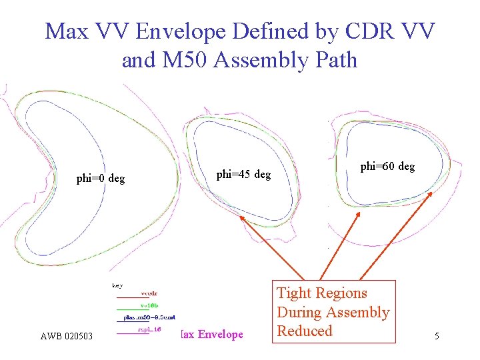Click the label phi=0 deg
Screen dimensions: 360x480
pos(101,179)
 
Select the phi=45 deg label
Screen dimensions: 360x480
pos(243,175)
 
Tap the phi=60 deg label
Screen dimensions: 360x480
pos(387,167)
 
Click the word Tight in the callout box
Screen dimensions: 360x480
pos(294,293)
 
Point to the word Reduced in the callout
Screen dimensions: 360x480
pos(304,331)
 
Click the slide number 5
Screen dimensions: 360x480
pos(437,337)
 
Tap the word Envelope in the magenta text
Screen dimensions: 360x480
pos(221,334)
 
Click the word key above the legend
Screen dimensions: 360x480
pos(117,285)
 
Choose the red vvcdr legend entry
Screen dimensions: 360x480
pos(149,293)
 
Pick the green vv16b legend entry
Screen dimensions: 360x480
pos(149,305)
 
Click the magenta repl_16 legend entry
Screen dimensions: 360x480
pos(149,329)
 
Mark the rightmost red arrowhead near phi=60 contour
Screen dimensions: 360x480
pos(430,194)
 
